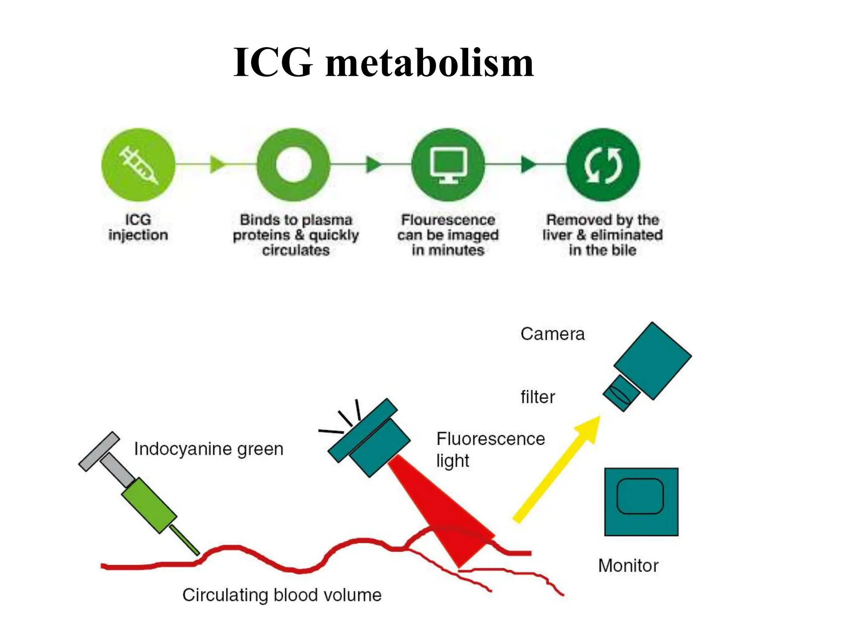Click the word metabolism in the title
(x=429, y=63)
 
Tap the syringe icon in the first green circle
(x=138, y=165)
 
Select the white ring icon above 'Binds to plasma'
(x=294, y=165)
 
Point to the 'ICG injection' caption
(x=138, y=227)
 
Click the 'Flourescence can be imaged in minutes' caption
(x=448, y=235)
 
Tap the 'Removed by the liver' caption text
(x=603, y=235)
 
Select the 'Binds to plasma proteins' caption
(x=296, y=235)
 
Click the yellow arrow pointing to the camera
(x=557, y=469)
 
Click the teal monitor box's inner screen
(x=640, y=496)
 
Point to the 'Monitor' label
(x=629, y=566)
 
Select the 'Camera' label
(x=553, y=334)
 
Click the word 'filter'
(x=538, y=397)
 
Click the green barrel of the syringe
(x=149, y=505)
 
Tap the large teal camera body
(x=653, y=361)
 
